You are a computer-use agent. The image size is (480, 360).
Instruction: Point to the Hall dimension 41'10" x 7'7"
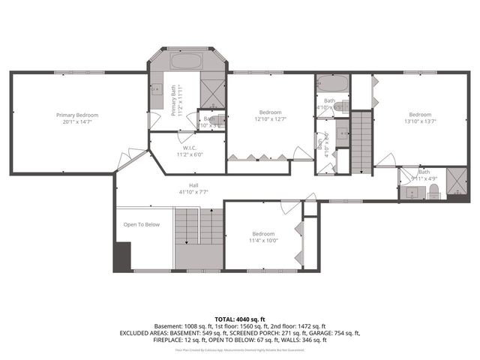pos(193,192)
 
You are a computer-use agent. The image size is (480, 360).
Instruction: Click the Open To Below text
pos(142,224)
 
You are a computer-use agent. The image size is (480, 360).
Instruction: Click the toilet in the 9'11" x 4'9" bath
pos(433,193)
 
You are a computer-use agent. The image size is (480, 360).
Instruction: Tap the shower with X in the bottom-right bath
pos(454,182)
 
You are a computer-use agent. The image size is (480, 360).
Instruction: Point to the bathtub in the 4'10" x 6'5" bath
pos(331,83)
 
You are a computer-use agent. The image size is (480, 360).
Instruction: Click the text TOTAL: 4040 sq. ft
pos(240,319)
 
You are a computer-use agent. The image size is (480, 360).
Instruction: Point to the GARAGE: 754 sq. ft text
pos(338,333)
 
